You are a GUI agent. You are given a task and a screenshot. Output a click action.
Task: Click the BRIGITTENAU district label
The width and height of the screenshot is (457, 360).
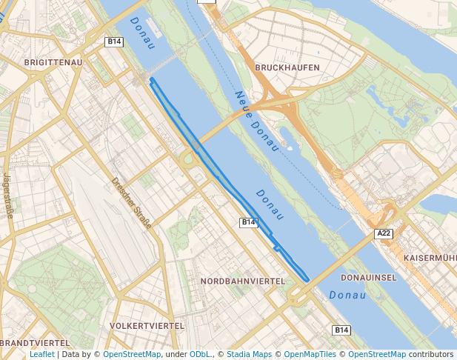pos(53,63)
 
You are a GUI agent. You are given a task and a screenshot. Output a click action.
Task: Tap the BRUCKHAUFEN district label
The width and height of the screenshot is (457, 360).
pos(287,67)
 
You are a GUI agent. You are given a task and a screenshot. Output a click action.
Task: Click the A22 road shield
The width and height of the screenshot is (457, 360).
pos(383,234)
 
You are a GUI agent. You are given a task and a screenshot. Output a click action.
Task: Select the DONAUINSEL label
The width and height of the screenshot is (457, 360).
pos(369,277)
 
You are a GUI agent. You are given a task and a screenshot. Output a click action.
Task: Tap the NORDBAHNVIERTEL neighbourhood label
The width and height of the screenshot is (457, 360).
pos(243,281)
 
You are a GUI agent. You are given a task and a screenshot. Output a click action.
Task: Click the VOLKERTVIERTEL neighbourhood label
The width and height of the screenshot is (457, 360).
pos(146,326)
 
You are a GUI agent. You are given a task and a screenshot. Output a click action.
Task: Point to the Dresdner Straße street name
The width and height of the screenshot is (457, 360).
pos(131,202)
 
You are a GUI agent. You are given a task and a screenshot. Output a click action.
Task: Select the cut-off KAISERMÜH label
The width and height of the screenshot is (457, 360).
pos(430,258)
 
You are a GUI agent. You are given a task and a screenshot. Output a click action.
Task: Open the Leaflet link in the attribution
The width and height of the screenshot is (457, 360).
pos(41,354)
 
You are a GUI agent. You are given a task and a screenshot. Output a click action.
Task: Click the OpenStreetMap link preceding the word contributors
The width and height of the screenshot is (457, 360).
pos(377,354)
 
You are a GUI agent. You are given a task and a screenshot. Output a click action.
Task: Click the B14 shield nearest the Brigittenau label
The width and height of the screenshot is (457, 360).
pos(113,42)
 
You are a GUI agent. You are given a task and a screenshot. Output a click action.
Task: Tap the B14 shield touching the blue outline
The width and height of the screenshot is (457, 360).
pos(248,222)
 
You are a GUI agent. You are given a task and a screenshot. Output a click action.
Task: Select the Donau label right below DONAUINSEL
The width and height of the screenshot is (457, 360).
pos(347,295)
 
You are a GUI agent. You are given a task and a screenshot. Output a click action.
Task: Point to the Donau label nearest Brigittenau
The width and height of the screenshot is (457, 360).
pos(144,33)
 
